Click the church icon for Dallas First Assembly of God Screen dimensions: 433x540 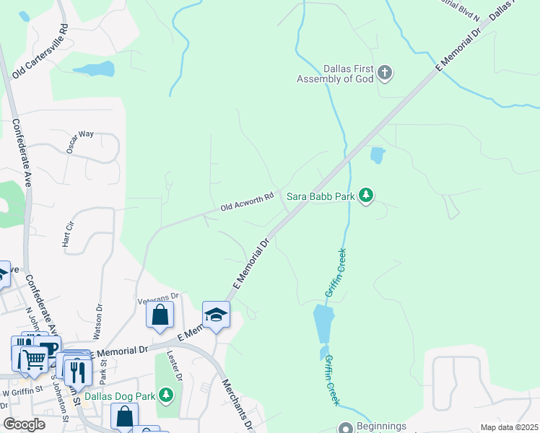[x=385, y=72]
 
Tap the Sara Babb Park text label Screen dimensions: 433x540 [x=321, y=196]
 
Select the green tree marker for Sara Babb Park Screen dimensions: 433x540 [x=367, y=195]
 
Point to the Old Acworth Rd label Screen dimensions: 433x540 [x=247, y=202]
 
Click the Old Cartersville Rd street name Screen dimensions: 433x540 [x=40, y=51]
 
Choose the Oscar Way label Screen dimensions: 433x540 [x=80, y=141]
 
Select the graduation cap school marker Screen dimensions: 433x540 [x=216, y=315]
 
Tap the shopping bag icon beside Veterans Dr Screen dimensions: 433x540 [x=160, y=315]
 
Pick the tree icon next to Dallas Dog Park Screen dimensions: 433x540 [x=167, y=395]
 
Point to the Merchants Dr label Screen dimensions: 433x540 [x=236, y=405]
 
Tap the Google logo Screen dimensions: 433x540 [x=24, y=424]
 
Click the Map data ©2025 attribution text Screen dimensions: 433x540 [x=508, y=427]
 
